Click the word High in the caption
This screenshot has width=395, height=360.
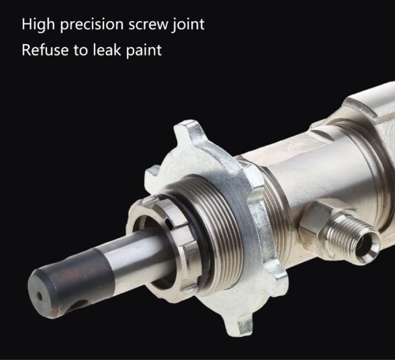coord(38,25)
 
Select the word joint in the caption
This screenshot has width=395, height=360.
coord(188,25)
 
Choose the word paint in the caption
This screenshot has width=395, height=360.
coord(144,50)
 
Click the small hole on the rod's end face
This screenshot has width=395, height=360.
coord(39,296)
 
